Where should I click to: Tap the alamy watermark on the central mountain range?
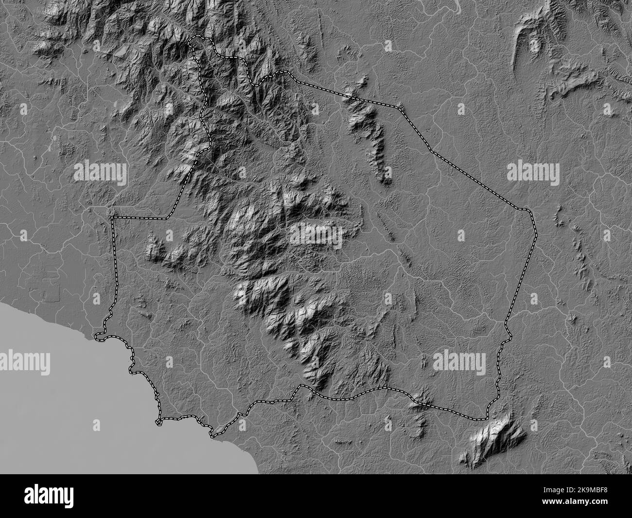tap(316, 234)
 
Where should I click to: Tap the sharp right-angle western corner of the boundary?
tap(113, 217)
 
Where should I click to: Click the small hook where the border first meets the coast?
tap(99, 335)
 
